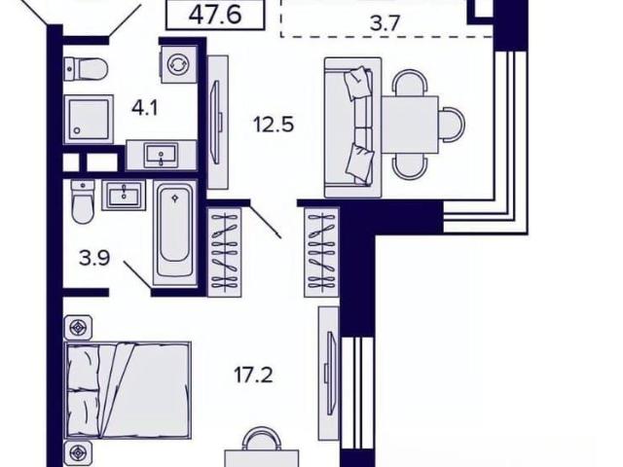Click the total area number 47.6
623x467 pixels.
point(215,16)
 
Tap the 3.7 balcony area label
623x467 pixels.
point(385,23)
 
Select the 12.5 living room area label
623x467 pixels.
point(274,126)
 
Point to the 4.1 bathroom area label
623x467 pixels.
point(145,108)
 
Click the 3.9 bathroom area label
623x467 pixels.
point(94,259)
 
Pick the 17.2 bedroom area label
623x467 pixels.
point(253,376)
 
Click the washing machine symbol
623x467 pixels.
point(178,64)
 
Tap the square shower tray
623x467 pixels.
point(89,119)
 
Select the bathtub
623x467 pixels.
point(175,233)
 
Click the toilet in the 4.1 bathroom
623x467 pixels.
point(86,69)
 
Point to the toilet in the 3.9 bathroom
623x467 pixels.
point(83,201)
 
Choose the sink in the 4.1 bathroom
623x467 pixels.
point(162,156)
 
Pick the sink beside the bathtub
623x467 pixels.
point(124,195)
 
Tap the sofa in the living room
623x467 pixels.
point(352,127)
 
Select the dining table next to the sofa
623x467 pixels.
point(410,126)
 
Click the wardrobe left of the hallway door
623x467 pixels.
point(225,252)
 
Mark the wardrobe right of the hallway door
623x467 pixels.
point(321,252)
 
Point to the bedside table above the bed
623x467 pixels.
point(78,328)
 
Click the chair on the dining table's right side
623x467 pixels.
point(452,124)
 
